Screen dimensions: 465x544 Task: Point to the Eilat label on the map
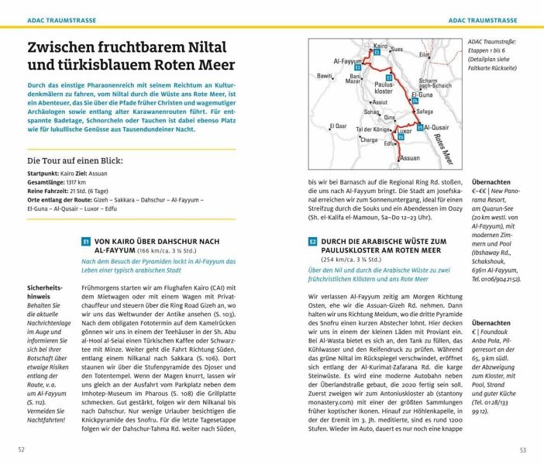pos(446,55)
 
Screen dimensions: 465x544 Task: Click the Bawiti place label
pos(325,76)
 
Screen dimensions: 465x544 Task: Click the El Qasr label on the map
pos(338,126)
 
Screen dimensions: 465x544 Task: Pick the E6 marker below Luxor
pos(401,138)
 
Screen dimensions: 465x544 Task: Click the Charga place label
pos(368,140)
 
